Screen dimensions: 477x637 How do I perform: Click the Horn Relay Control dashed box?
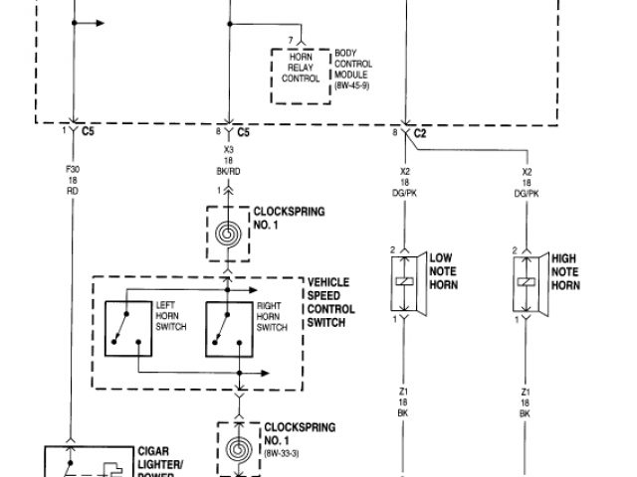pyautogui.click(x=300, y=74)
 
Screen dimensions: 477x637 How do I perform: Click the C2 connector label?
pyautogui.click(x=421, y=132)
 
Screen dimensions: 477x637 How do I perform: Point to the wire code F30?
pyautogui.click(x=72, y=169)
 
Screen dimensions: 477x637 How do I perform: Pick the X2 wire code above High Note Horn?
pyautogui.click(x=527, y=170)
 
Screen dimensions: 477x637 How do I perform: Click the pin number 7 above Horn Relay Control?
pyautogui.click(x=290, y=41)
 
